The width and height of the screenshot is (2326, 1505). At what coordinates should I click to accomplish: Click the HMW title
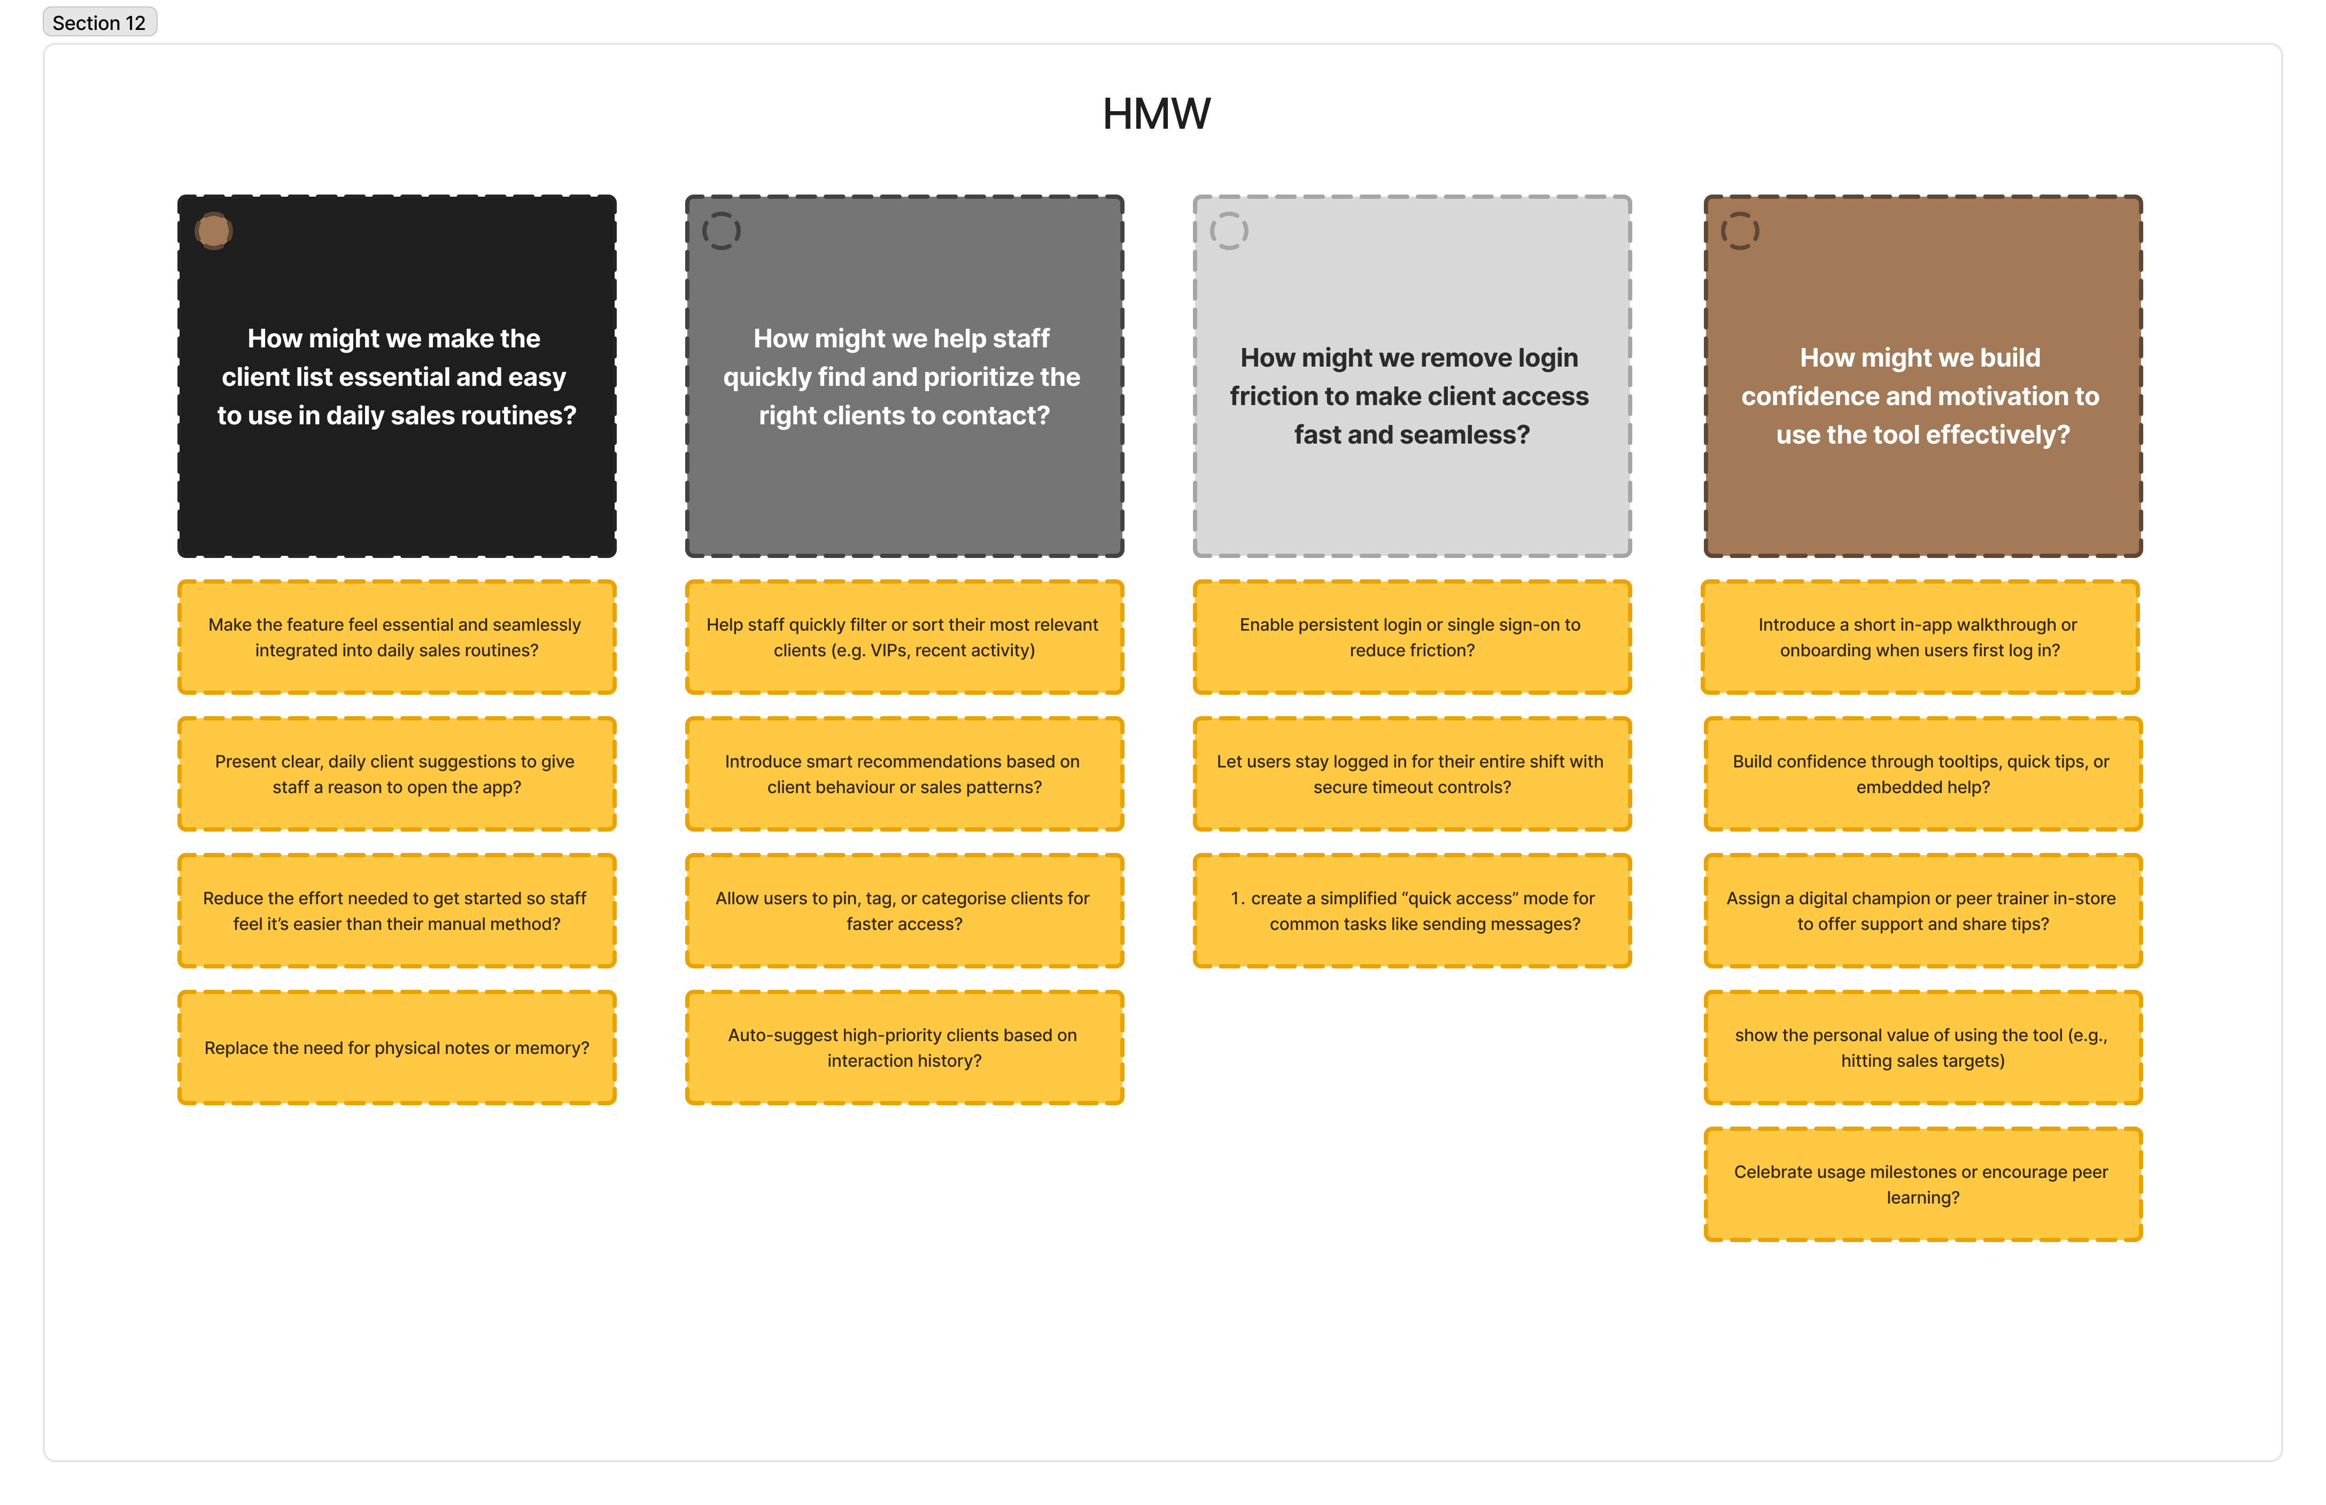click(x=1156, y=114)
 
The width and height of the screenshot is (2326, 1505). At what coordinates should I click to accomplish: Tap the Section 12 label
click(x=99, y=22)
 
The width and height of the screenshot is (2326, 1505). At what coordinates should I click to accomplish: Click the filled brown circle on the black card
click(x=213, y=231)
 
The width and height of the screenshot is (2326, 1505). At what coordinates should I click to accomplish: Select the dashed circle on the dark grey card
click(x=721, y=231)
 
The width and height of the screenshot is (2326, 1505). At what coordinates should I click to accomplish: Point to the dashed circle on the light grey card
click(x=1229, y=231)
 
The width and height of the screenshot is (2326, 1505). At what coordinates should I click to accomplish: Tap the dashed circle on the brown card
click(x=1740, y=231)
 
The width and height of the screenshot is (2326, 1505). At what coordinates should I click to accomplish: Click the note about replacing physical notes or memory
click(x=397, y=1048)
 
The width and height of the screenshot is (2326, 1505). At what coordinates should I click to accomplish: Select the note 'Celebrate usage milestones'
click(x=1921, y=1184)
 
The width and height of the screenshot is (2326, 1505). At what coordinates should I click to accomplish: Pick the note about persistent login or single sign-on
click(x=1411, y=637)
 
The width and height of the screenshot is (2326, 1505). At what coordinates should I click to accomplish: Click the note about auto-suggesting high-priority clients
click(x=904, y=1048)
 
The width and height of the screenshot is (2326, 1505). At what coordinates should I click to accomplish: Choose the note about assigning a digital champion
click(x=1921, y=911)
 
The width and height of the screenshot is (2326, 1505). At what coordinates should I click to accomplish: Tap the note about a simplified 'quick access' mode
click(x=1411, y=911)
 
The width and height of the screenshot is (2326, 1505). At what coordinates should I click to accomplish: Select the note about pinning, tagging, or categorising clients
click(x=904, y=911)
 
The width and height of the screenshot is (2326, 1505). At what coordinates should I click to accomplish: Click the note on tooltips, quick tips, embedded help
click(x=1921, y=774)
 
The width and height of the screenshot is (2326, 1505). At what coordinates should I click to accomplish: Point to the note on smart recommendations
click(x=904, y=774)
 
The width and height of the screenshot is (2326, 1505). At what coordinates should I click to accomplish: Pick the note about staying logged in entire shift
click(x=1411, y=774)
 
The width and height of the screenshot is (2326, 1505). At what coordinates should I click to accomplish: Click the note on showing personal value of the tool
click(x=1921, y=1048)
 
